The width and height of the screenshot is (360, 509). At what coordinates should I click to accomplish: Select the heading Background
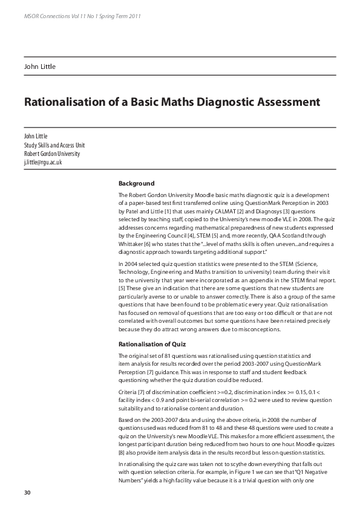(136, 183)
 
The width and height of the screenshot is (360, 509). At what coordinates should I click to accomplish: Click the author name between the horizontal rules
(40, 66)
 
